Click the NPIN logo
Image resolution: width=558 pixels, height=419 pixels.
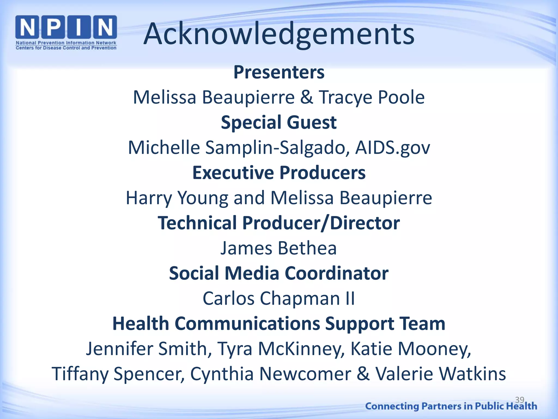click(66, 32)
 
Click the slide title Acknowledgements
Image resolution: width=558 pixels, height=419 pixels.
click(279, 34)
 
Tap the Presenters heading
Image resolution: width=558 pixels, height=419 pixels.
click(279, 72)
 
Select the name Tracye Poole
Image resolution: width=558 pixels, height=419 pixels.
click(372, 97)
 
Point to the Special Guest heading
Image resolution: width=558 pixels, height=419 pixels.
click(279, 122)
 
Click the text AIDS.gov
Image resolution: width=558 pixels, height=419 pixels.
click(393, 148)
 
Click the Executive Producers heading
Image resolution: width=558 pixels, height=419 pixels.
click(279, 173)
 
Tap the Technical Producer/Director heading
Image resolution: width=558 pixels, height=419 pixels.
click(279, 223)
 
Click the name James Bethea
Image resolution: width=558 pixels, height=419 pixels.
click(278, 248)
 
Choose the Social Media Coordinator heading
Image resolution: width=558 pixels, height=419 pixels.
click(279, 273)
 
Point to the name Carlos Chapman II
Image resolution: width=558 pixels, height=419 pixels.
click(279, 298)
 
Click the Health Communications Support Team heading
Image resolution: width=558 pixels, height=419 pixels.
click(279, 324)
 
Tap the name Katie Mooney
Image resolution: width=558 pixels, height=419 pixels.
click(410, 349)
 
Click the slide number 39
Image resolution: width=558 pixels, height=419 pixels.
click(520, 400)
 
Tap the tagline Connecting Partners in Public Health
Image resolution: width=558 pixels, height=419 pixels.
click(451, 406)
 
